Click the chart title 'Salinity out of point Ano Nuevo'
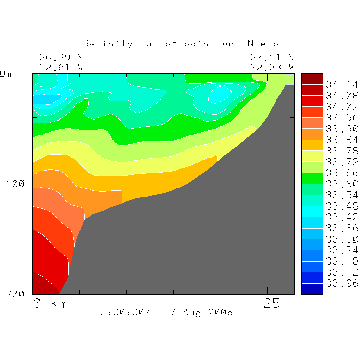[x=181, y=44]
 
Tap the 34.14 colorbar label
[x=341, y=85]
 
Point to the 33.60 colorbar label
[x=341, y=184]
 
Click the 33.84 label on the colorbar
[x=341, y=140]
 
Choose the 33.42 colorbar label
[x=341, y=217]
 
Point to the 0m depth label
[x=5, y=74]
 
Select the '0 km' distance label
[x=50, y=303]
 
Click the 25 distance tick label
[x=272, y=303]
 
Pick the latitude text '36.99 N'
[x=61, y=57]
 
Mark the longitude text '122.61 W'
[x=58, y=67]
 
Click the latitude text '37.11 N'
[x=272, y=57]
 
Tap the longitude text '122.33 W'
[x=269, y=67]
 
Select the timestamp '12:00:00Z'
[x=122, y=312]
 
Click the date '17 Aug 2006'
[x=198, y=312]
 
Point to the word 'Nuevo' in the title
[x=263, y=44]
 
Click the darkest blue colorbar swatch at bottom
[x=312, y=289]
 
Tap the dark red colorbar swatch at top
[x=312, y=79]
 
